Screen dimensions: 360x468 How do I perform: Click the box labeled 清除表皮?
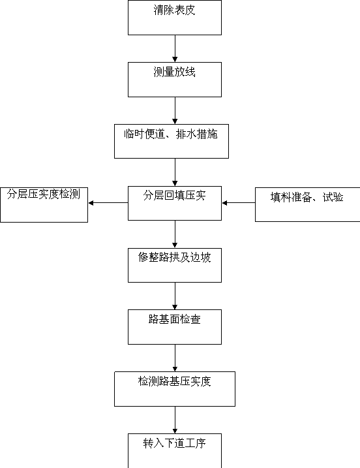point(175,18)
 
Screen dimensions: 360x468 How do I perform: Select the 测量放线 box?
point(175,80)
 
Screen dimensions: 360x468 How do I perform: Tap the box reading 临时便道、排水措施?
point(172,141)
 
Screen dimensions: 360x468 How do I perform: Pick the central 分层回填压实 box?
point(175,203)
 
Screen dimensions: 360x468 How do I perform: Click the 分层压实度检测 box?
point(44,205)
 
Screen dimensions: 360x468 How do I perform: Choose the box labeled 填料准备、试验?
point(308,204)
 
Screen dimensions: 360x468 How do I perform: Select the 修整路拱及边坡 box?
point(175,265)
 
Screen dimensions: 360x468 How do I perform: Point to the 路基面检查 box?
point(175,327)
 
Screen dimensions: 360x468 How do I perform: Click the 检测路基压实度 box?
point(175,389)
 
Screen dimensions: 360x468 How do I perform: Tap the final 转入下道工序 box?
point(175,450)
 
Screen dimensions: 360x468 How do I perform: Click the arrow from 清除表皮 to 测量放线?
point(175,49)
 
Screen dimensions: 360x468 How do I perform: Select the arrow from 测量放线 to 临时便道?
point(175,110)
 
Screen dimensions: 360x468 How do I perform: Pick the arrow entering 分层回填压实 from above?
point(175,172)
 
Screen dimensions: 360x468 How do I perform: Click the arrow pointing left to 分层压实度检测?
point(108,203)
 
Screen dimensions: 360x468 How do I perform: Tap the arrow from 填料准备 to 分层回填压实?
point(239,203)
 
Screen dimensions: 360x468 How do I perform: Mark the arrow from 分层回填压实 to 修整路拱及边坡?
point(175,234)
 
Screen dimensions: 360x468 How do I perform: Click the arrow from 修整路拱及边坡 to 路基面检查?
point(175,296)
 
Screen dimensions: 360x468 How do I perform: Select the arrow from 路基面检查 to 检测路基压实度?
point(175,358)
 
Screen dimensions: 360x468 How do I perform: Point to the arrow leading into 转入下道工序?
point(175,420)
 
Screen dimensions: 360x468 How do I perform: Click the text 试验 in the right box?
point(333,197)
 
